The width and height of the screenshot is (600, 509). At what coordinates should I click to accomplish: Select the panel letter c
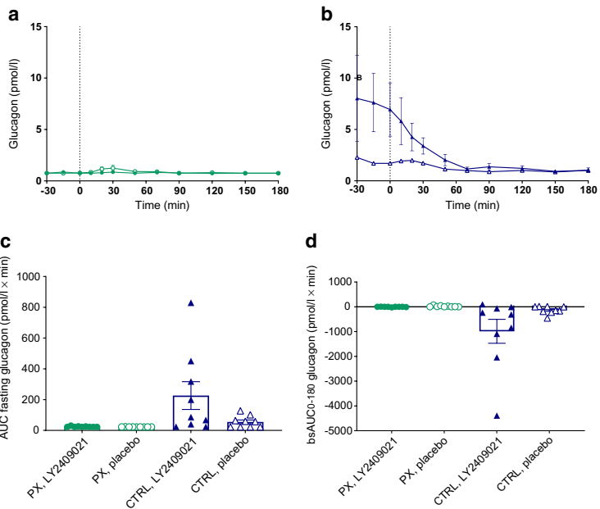click(x=6, y=242)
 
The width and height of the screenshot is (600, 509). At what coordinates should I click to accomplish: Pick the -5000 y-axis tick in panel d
click(x=343, y=430)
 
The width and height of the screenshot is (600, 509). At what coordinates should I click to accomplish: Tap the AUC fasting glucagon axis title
click(x=9, y=352)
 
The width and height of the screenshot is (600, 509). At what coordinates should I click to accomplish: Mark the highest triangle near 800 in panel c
click(x=190, y=303)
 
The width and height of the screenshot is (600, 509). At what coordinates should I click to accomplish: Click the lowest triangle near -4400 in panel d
click(x=497, y=416)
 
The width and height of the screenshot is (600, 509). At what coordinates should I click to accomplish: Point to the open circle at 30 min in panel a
click(x=113, y=168)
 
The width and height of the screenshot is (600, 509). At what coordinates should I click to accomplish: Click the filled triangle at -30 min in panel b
click(x=357, y=98)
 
